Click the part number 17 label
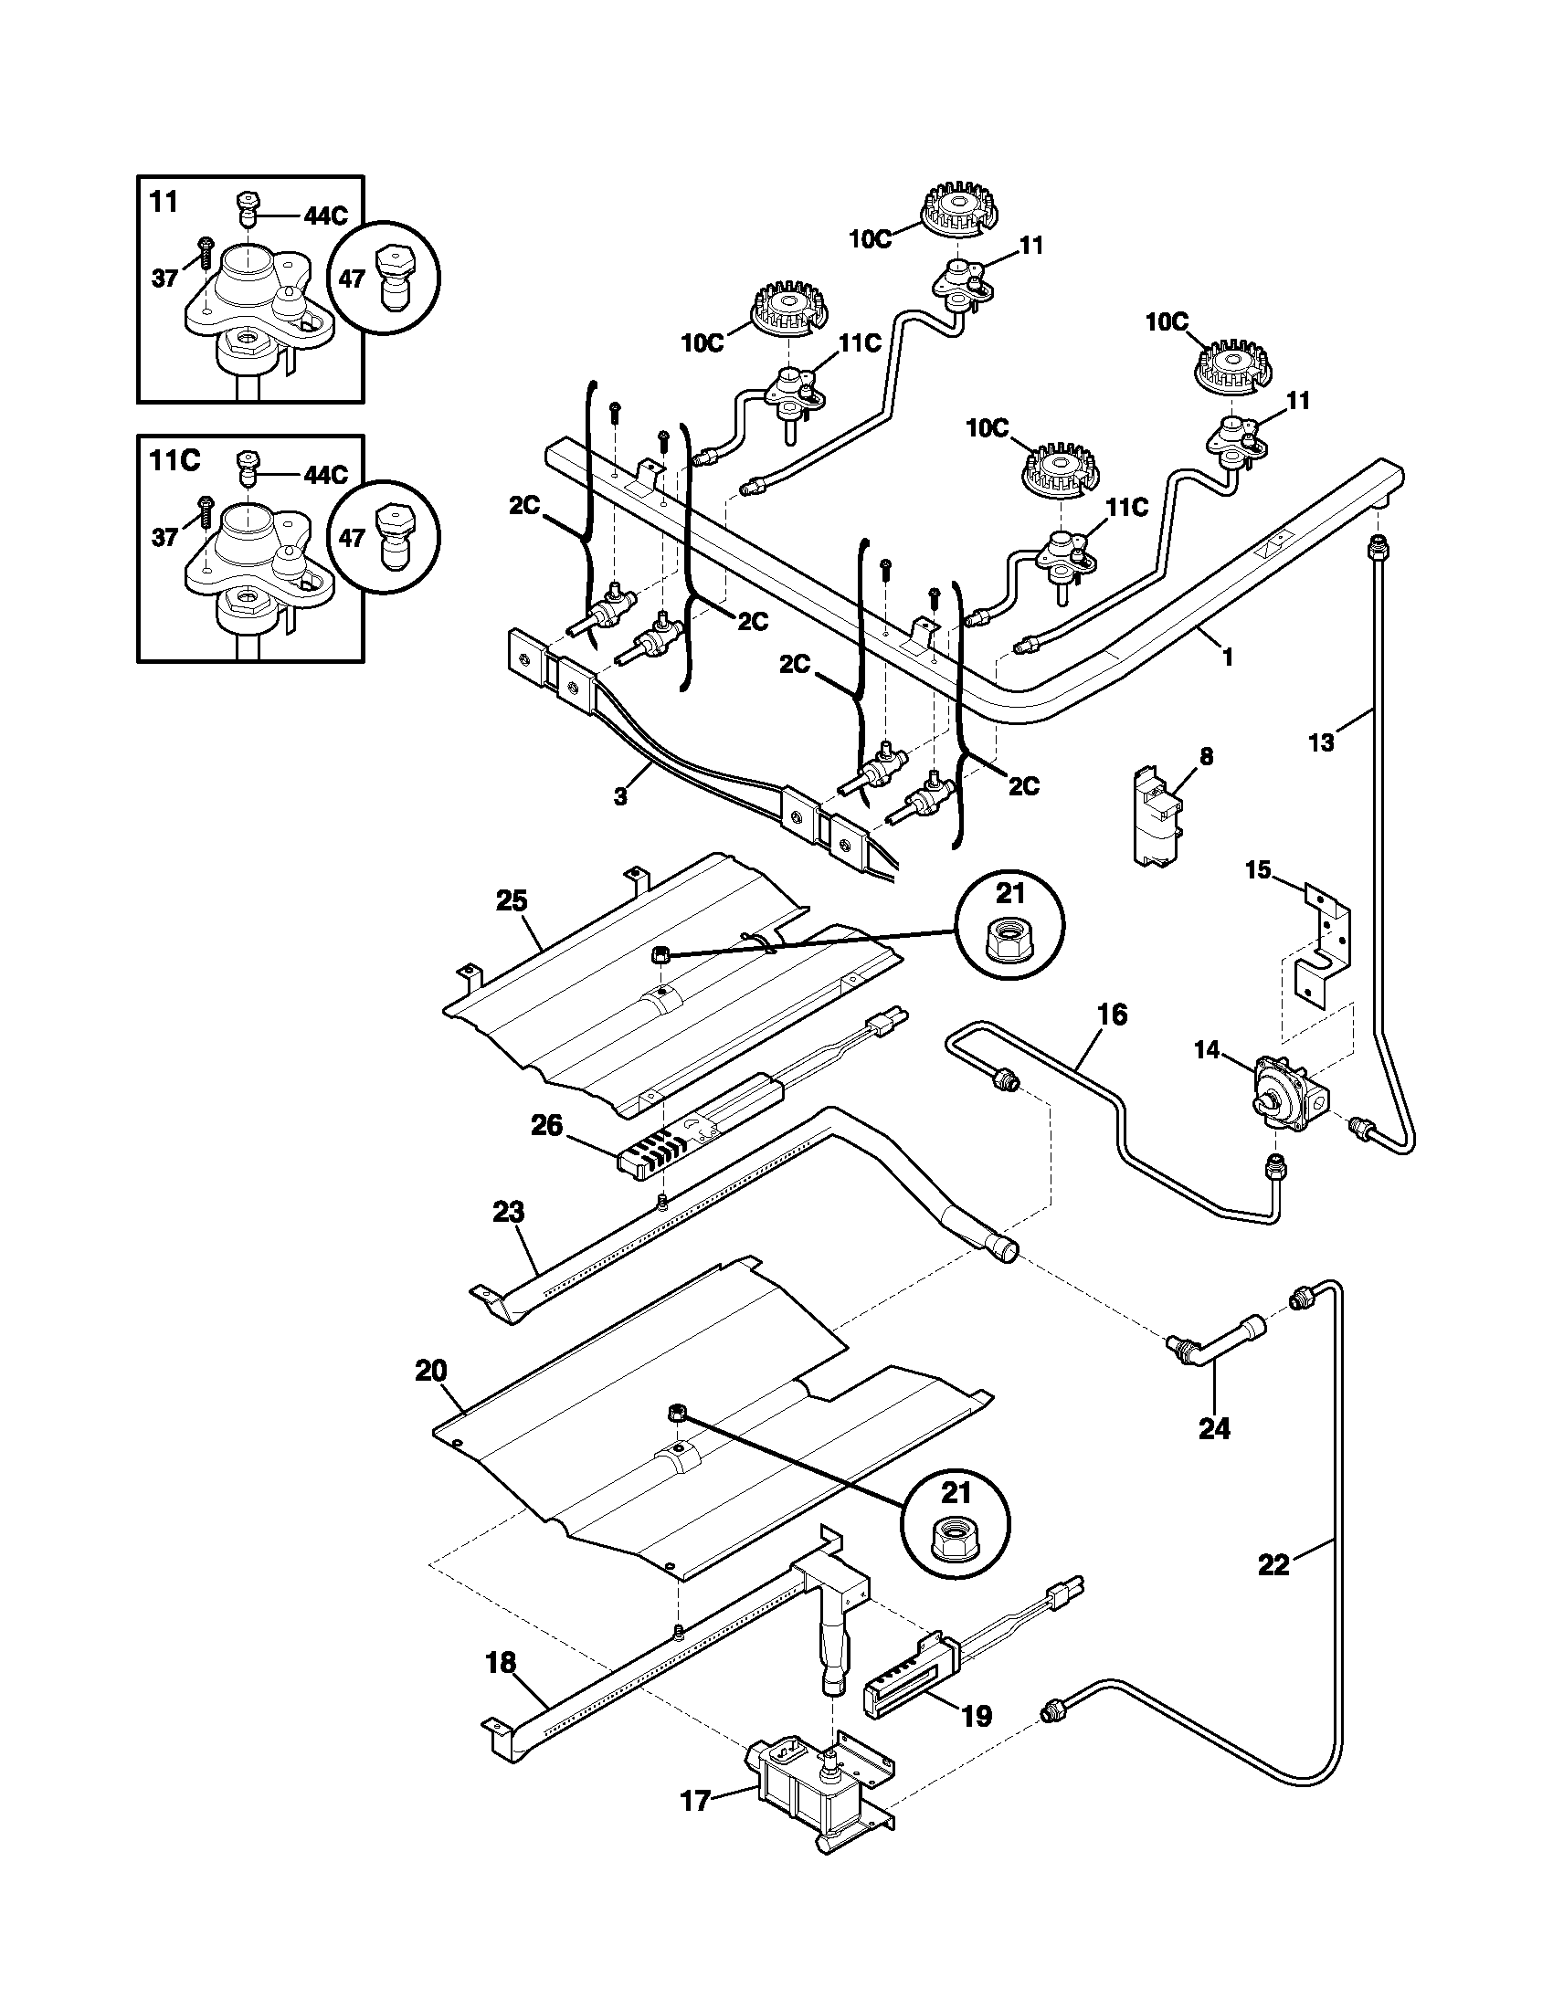696,1800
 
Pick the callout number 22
1273,1563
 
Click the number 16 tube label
1112,1015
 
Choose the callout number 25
512,900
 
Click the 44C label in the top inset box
326,216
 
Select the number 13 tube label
1321,742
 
